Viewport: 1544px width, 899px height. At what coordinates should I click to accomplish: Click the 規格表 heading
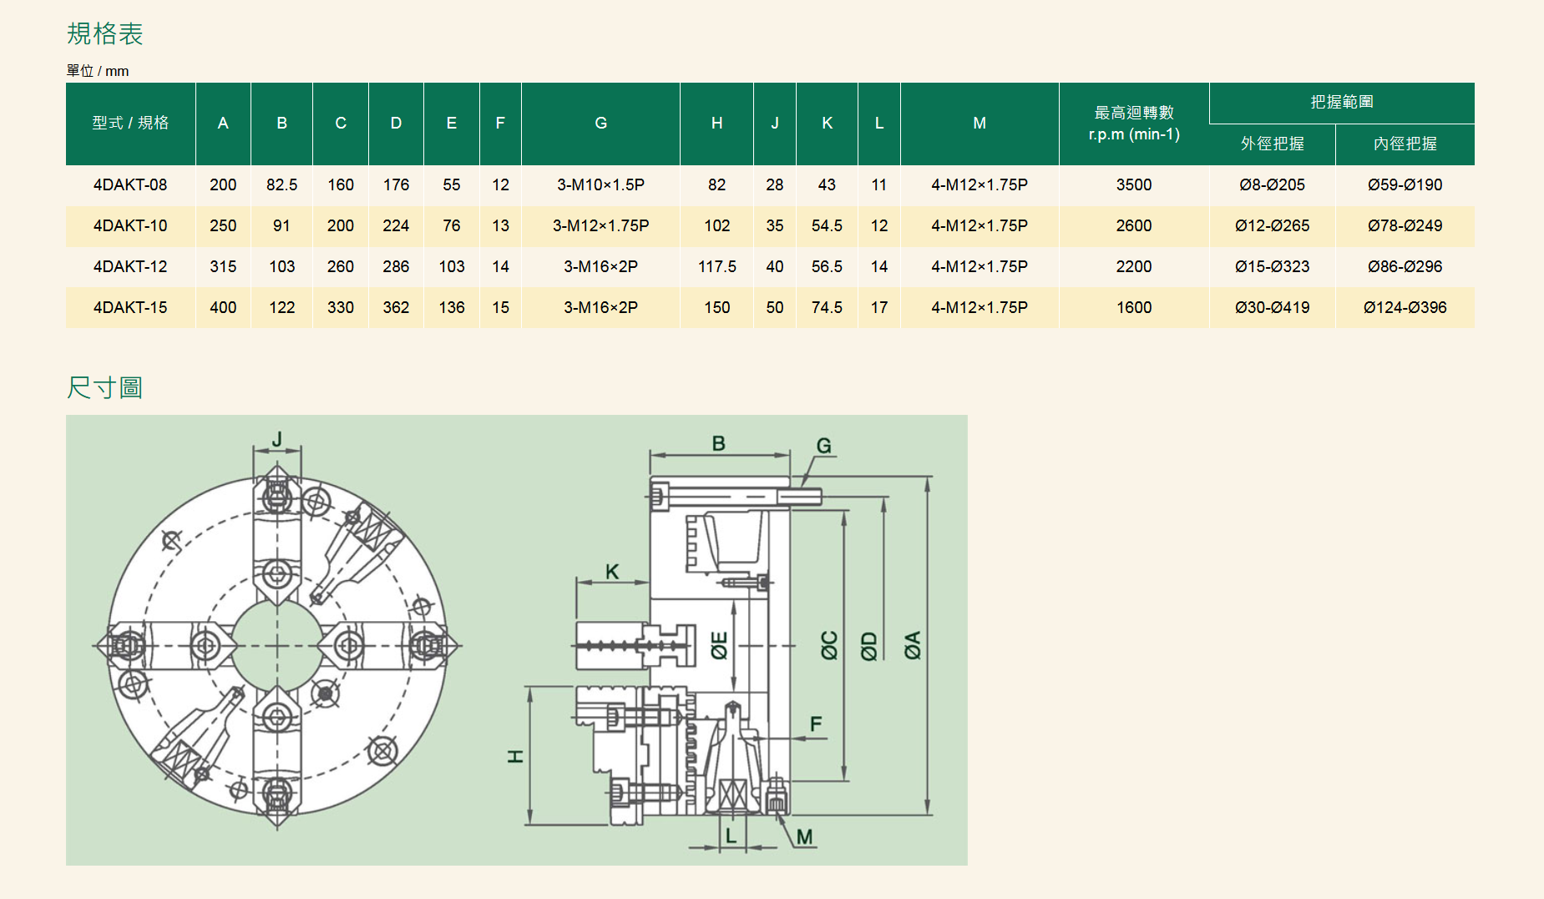[104, 33]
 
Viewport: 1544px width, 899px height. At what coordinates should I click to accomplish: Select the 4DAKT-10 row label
[130, 225]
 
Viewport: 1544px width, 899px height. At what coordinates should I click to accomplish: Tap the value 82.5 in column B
[281, 184]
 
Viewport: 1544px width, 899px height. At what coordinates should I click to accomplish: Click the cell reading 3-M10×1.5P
[600, 184]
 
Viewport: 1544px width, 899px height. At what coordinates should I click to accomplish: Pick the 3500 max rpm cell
[1133, 184]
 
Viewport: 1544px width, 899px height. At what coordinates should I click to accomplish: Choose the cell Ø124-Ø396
[1405, 307]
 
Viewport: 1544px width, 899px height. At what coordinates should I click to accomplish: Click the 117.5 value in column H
[716, 266]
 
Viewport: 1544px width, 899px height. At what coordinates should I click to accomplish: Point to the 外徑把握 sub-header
[1272, 144]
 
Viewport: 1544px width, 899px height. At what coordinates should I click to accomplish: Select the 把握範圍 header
[1341, 102]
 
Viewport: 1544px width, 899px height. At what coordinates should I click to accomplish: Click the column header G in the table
[600, 123]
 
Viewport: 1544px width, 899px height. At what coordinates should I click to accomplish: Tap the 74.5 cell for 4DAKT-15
[827, 307]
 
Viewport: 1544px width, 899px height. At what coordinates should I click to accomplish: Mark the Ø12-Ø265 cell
[1272, 225]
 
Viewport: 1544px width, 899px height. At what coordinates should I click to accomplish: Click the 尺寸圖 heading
[104, 387]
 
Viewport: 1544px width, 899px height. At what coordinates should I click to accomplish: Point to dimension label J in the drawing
[277, 439]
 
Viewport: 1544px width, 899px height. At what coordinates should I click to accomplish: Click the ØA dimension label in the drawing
[912, 645]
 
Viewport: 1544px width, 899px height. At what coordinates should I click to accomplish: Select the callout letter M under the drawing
[804, 836]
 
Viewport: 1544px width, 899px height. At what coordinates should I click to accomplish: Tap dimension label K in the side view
[612, 572]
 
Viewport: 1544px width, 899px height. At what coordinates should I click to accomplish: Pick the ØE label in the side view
[719, 645]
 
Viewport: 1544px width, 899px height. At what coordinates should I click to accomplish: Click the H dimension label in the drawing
[515, 756]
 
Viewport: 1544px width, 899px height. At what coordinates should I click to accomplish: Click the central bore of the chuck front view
[276, 645]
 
